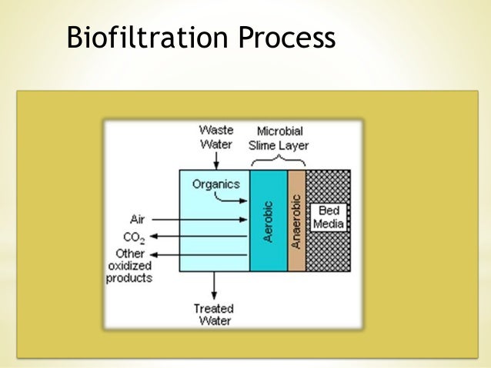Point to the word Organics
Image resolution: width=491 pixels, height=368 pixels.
pos(216,184)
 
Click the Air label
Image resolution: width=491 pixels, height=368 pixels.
pos(137,219)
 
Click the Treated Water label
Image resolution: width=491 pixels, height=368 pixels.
pos(213,315)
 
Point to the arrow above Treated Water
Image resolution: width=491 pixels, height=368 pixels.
pos(215,286)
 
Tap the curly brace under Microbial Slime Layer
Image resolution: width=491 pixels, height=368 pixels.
pos(278,161)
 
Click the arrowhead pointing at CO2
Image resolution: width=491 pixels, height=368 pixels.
pos(154,237)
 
